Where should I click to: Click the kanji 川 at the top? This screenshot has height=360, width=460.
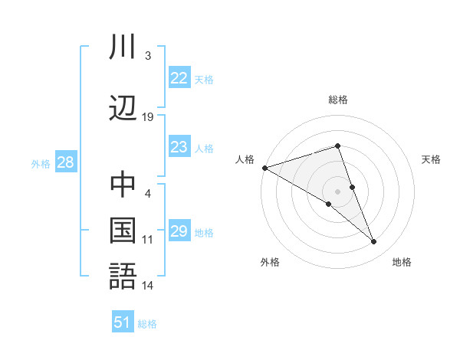pos(123,48)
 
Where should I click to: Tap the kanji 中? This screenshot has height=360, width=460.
pos(123,185)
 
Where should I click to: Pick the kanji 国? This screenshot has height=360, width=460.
pos(123,230)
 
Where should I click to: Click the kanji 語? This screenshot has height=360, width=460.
pos(123,275)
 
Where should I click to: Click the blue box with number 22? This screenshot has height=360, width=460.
pos(179,78)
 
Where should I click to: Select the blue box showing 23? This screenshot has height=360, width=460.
pos(179,148)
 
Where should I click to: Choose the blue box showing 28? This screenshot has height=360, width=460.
pos(65,162)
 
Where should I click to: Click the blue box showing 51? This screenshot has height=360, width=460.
pos(123,322)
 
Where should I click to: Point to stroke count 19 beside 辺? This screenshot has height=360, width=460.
pos(148,117)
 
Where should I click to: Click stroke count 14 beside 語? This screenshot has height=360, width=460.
pos(148,286)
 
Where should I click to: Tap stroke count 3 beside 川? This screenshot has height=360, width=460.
pos(148,56)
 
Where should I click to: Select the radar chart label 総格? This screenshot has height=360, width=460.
pos(337,100)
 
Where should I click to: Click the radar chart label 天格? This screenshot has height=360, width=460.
pos(432,159)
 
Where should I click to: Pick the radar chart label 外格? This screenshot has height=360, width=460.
pos(270,262)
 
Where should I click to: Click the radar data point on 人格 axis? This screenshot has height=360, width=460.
pos(264,167)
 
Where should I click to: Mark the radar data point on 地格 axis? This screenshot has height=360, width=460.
pos(374,242)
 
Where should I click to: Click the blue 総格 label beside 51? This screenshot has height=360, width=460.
pos(147,324)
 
